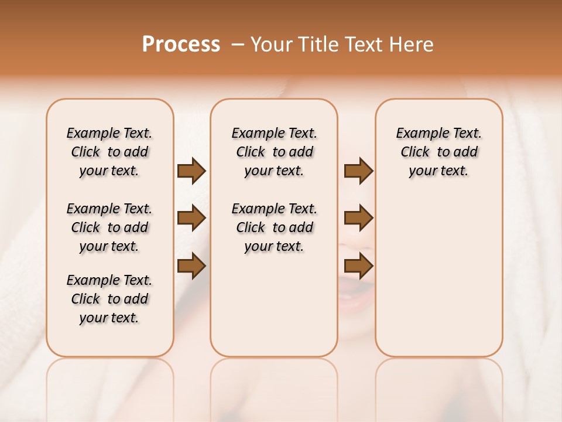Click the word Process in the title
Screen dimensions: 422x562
tap(181, 45)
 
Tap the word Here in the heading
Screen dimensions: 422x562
tap(413, 45)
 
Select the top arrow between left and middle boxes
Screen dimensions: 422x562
tap(191, 171)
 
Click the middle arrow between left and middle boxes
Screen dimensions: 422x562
tap(191, 219)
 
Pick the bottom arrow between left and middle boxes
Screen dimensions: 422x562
tap(191, 266)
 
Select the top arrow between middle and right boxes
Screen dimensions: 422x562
tap(358, 171)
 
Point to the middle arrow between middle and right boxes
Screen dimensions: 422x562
tap(358, 219)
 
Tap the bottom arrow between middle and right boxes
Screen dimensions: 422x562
tap(358, 266)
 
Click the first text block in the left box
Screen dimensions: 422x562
tap(109, 152)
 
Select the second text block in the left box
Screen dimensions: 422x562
tap(109, 227)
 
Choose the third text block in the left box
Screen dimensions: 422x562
tap(109, 299)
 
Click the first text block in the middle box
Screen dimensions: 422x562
tap(274, 152)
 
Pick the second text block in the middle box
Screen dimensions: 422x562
tap(274, 227)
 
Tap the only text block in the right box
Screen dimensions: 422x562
tap(439, 152)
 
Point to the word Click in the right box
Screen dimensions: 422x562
tap(415, 152)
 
